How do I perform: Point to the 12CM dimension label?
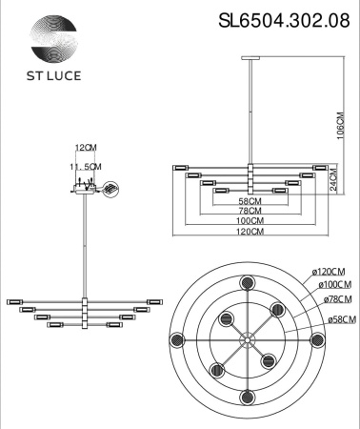pos(87,148)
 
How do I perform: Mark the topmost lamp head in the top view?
pos(248,282)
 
